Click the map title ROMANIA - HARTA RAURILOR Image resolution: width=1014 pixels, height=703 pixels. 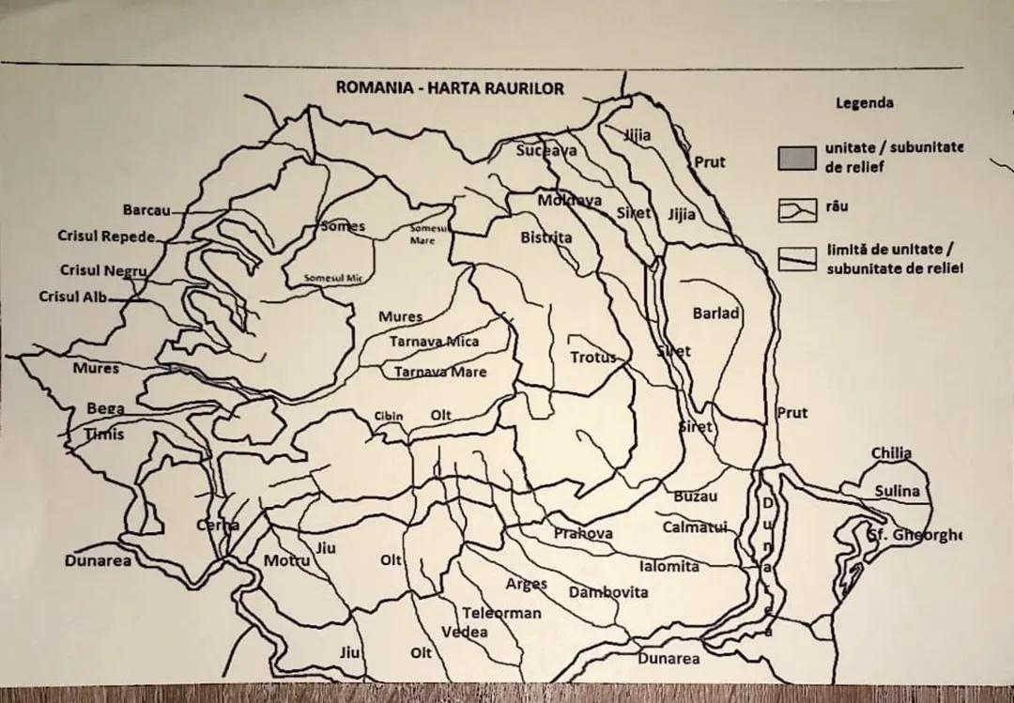coord(450,88)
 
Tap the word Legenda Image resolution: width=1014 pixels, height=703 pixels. coord(865,103)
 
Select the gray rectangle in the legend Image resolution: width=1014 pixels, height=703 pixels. coord(796,158)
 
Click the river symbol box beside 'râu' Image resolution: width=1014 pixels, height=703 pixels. coord(796,211)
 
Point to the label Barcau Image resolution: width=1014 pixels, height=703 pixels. coord(146,210)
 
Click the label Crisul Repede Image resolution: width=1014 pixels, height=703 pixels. coord(105,236)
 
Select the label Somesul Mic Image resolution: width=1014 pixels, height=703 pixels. coord(332,279)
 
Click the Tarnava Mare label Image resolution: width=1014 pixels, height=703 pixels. coord(439,373)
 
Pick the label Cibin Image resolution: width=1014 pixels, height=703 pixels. coord(389,416)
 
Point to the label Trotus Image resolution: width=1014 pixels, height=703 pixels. coord(593,358)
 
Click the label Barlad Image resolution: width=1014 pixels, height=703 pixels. coord(715,313)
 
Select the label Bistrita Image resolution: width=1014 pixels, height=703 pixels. coord(545,237)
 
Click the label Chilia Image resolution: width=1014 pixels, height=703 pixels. coord(890,453)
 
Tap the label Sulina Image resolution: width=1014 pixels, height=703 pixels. coord(897,491)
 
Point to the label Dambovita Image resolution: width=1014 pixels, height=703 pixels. coord(607,592)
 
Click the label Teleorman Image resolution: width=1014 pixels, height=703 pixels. coord(501,613)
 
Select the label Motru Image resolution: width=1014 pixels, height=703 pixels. coord(285,560)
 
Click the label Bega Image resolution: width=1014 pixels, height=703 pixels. coord(105,408)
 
